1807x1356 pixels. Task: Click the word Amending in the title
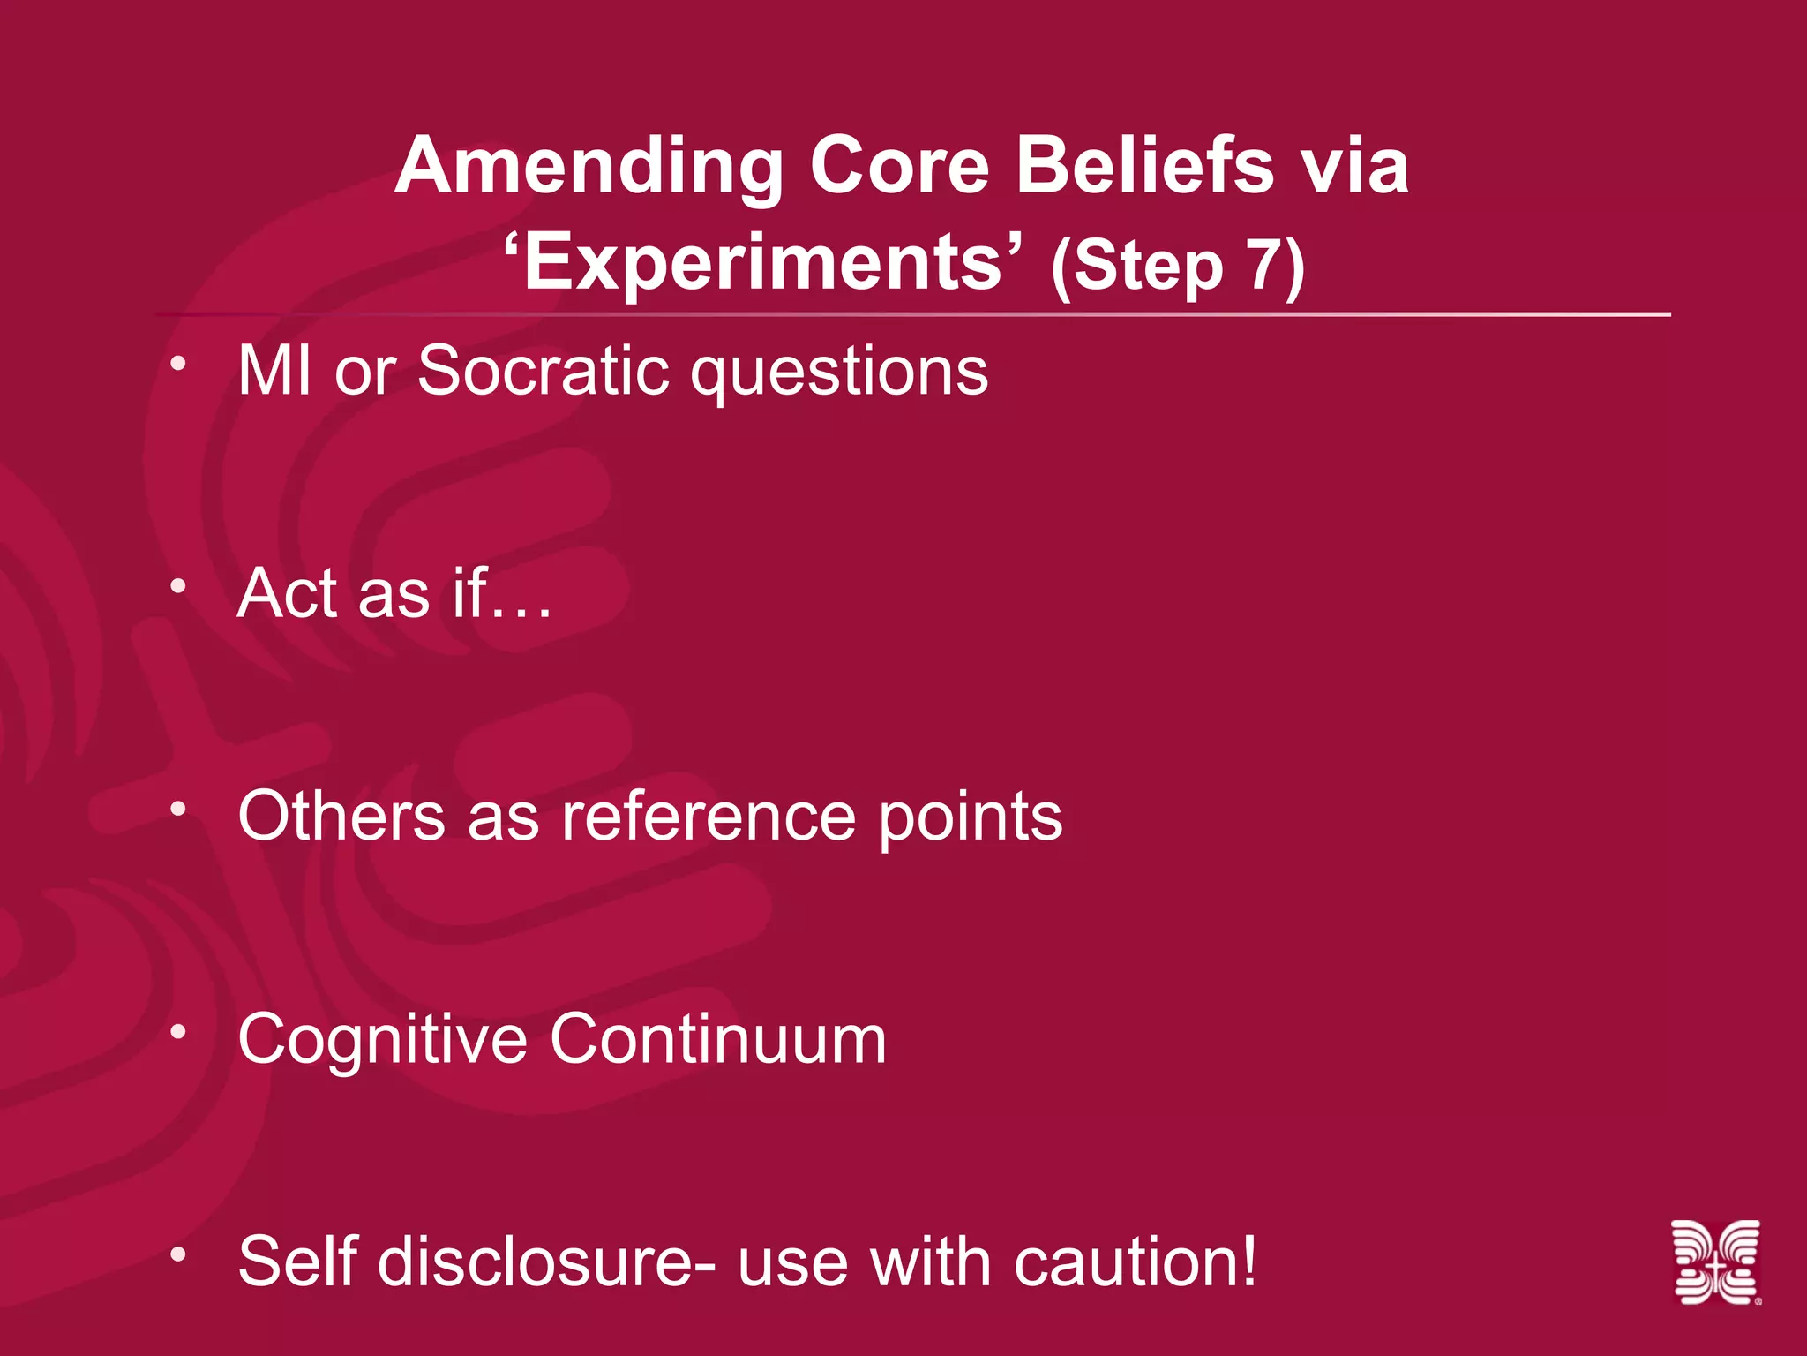589,168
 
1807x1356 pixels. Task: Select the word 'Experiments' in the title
764,262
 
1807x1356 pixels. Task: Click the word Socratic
543,371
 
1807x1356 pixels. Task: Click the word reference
709,817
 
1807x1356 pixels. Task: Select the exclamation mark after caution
1247,1261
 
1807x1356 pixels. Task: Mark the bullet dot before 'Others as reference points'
178,808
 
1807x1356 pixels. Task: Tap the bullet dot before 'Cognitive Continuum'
178,1030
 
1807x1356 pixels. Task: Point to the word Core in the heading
899,168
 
